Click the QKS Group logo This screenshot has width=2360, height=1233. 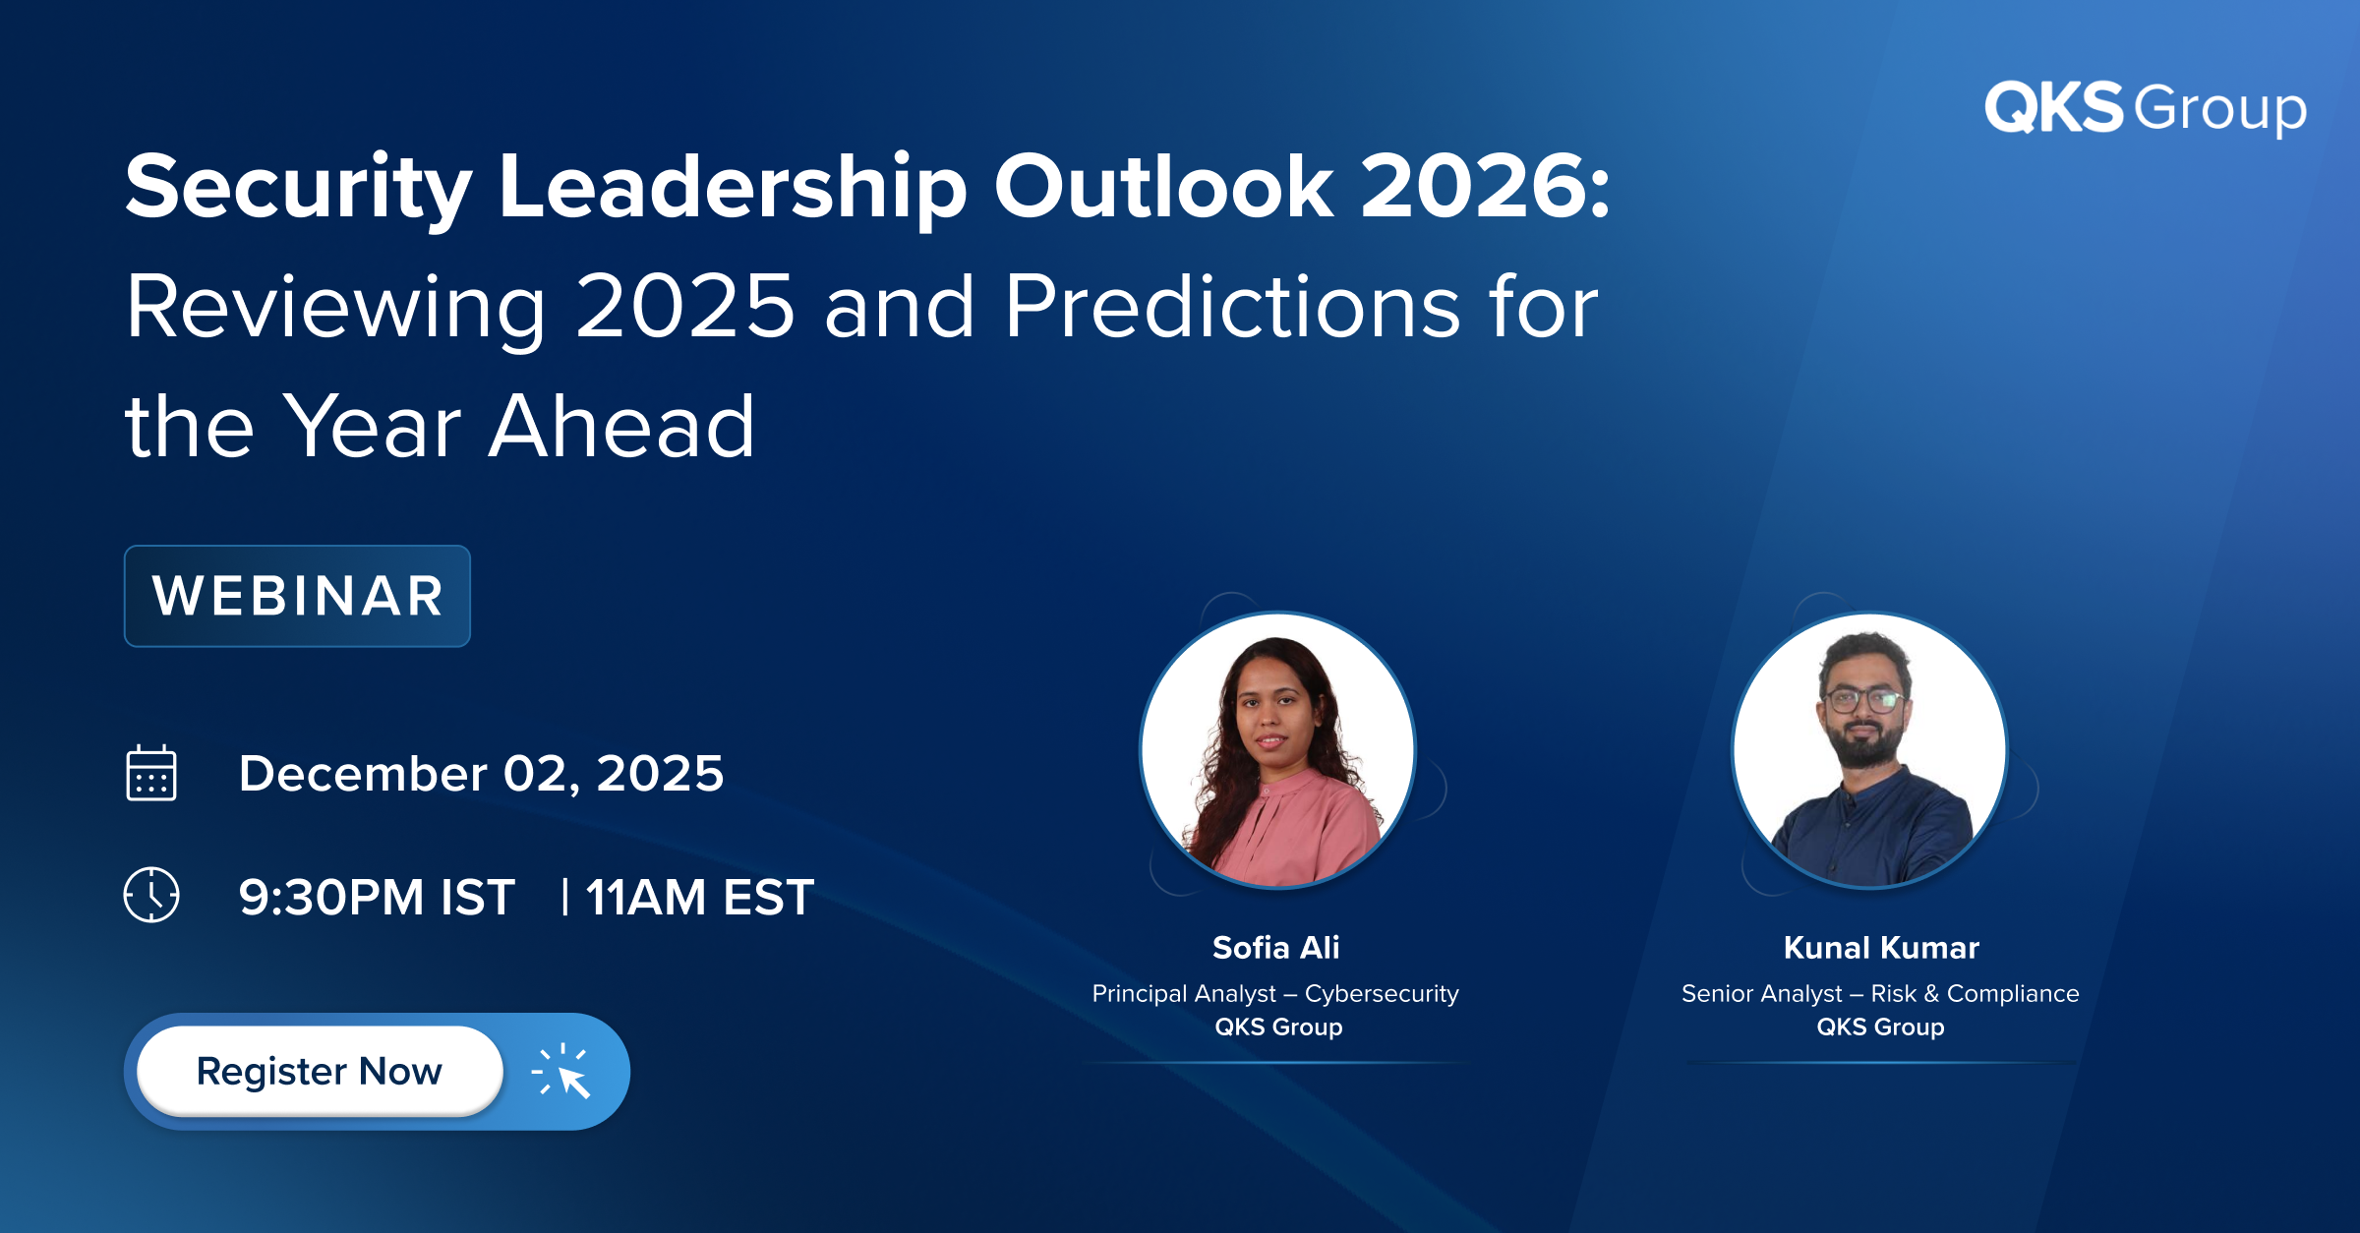coord(2145,108)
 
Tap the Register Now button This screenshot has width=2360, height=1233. coord(320,1071)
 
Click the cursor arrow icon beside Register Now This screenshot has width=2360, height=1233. coord(561,1071)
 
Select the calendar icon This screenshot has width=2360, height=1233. coord(151,773)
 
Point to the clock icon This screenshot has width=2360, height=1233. coord(151,895)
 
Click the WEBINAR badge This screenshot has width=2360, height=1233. coord(297,596)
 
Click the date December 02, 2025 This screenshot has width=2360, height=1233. coord(481,774)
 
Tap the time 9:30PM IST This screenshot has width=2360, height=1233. coord(377,898)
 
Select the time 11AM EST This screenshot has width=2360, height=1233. coord(700,898)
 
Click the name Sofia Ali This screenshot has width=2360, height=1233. coord(1276,948)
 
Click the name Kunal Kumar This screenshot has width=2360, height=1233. coord(1881,948)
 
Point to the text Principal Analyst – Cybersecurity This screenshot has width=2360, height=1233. coord(1275,994)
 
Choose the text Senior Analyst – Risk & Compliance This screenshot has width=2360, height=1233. coord(1880,994)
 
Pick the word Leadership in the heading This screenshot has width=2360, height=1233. coord(734,189)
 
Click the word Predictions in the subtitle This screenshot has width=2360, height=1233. coord(1233,307)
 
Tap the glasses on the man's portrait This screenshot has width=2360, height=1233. coord(1862,701)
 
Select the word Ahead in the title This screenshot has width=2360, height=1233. coord(621,427)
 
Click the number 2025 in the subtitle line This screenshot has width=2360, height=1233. coord(684,307)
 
